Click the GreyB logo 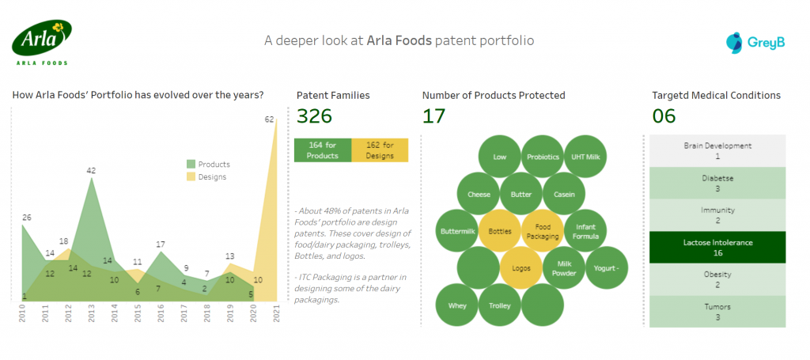(755, 41)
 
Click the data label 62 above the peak (269, 119)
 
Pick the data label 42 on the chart (91, 170)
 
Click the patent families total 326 (314, 116)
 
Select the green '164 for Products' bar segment (322, 150)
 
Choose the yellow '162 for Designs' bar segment (379, 150)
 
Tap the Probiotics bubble (543, 157)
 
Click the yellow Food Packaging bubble (543, 231)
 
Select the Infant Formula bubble (585, 231)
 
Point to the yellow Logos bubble (521, 267)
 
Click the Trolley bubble (500, 305)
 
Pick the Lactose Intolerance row (717, 248)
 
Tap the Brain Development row (717, 150)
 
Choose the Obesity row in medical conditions (717, 279)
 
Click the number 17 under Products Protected (433, 116)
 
